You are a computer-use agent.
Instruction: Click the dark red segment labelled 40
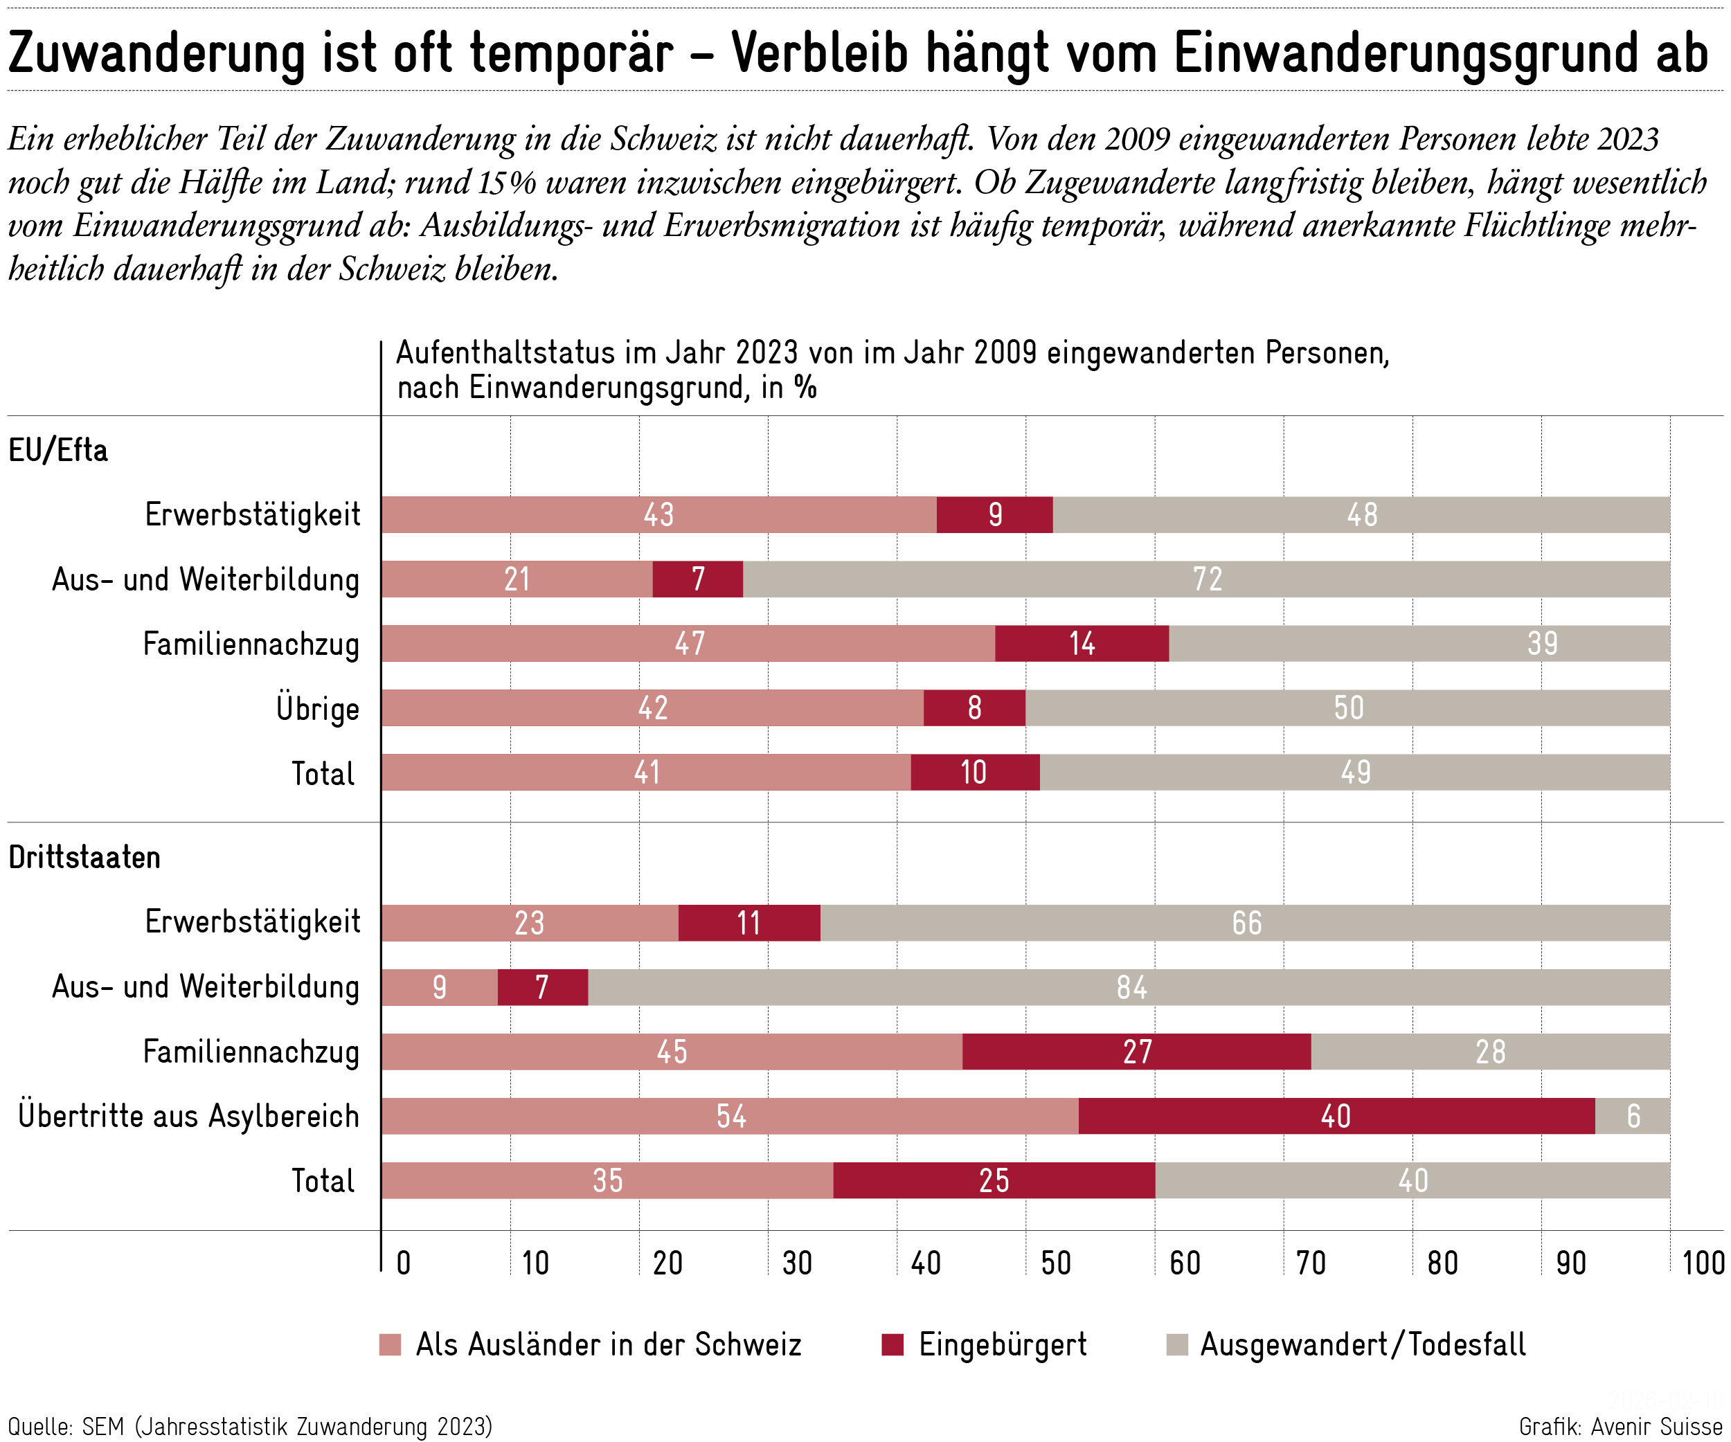(x=1336, y=1116)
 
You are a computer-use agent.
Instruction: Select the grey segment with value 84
(x=1129, y=987)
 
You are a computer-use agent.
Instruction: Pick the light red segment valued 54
(x=730, y=1116)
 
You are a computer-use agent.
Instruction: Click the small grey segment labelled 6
(x=1632, y=1116)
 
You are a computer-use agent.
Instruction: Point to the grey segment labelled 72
(x=1206, y=579)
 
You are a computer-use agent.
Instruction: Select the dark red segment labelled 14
(x=1082, y=644)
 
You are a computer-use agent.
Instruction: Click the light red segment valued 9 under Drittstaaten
(x=440, y=987)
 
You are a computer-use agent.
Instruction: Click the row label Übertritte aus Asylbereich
(x=189, y=1116)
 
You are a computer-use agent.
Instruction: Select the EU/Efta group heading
(x=57, y=451)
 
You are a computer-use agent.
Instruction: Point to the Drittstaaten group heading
(x=84, y=858)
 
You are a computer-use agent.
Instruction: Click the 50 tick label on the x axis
(x=1055, y=1263)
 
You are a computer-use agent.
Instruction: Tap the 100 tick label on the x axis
(x=1701, y=1263)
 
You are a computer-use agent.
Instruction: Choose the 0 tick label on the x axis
(x=403, y=1263)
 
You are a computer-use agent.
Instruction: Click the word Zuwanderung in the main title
(x=156, y=53)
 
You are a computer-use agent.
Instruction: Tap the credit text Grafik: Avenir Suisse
(x=1620, y=1425)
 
